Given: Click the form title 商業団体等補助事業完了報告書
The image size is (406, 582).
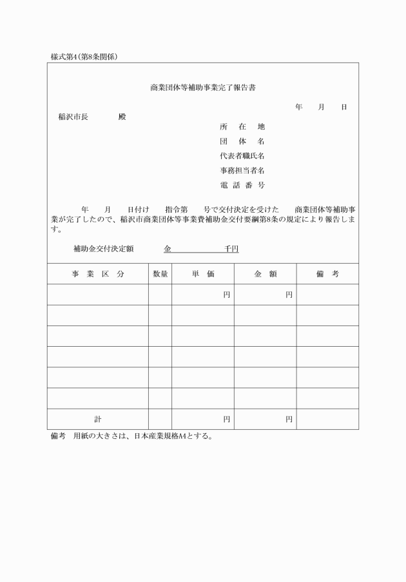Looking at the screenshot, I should tap(203, 86).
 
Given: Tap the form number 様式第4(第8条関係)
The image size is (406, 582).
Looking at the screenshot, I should tap(84, 57).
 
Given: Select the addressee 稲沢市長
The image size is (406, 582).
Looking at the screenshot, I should tap(73, 117).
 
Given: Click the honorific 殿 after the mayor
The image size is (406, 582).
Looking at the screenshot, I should tap(122, 117).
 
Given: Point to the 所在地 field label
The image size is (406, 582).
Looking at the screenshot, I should tap(242, 126).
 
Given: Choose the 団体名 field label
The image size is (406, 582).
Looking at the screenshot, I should tap(242, 141).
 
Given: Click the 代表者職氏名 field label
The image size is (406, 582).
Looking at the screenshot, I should tap(242, 156).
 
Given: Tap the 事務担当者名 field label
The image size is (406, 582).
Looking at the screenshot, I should tap(242, 171).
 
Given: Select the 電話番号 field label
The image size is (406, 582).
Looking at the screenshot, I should tap(242, 186).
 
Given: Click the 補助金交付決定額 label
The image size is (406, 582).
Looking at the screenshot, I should tap(103, 248).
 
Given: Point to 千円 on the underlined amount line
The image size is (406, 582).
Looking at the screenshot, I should tap(231, 248).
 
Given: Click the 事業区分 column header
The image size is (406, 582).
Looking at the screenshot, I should tap(98, 274).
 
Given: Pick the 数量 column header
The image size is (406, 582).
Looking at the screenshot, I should tap(160, 274).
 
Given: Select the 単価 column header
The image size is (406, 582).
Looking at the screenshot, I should tap(202, 274).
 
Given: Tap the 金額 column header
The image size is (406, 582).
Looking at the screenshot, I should tap(265, 274).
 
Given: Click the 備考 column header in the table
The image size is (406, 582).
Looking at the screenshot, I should tap(327, 274).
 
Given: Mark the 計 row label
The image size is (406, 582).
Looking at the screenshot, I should tap(98, 419).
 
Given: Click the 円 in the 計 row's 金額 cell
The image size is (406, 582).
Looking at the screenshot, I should tap(289, 419).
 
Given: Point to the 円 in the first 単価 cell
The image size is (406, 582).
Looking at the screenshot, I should tap(227, 295).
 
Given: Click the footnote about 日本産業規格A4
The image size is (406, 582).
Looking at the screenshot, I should tap(131, 436).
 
